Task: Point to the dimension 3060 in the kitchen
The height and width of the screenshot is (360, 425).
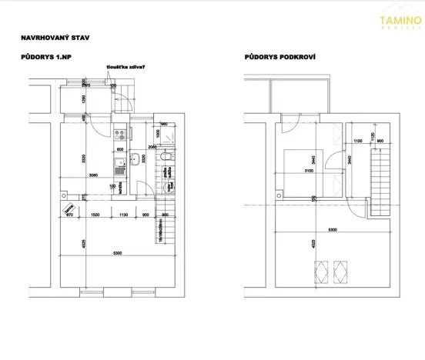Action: point(94,176)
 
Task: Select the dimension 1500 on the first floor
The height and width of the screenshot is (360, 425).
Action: point(95,215)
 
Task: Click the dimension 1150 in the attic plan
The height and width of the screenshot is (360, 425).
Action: point(356,142)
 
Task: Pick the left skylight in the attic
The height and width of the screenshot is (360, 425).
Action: point(318,272)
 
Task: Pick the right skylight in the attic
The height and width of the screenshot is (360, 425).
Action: point(338,272)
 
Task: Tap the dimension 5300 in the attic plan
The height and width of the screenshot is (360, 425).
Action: point(331,231)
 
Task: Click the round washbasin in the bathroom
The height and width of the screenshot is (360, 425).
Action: point(135,160)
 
